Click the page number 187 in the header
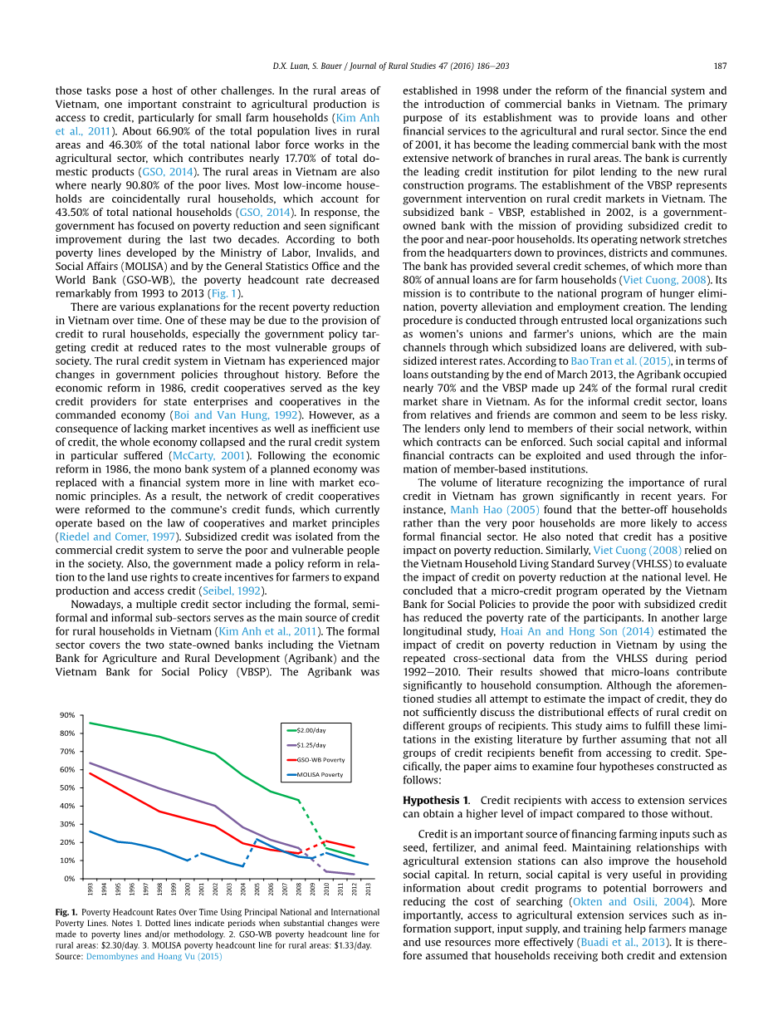pyautogui.click(x=721, y=66)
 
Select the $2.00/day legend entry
pyautogui.click(x=311, y=730)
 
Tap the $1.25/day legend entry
pyautogui.click(x=311, y=745)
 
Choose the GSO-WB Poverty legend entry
pyautogui.click(x=320, y=760)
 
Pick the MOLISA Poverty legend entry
pyautogui.click(x=320, y=775)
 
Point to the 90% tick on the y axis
pyautogui.click(x=67, y=715)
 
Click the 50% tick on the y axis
pyautogui.click(x=67, y=787)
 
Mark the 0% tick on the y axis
pyautogui.click(x=70, y=879)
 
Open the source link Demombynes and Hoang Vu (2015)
pyautogui.click(x=154, y=956)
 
